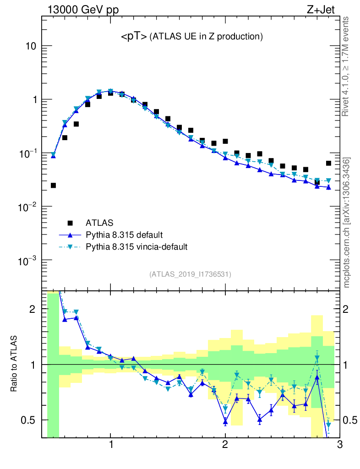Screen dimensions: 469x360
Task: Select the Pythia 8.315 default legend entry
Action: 124,235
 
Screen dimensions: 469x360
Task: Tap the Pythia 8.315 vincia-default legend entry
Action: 136,247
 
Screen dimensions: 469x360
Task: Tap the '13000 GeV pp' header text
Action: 82,9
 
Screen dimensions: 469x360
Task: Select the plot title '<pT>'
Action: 134,37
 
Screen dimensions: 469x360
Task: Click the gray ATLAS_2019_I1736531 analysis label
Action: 190,274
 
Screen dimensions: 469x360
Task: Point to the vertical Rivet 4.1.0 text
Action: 347,66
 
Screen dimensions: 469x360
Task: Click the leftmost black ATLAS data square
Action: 53,185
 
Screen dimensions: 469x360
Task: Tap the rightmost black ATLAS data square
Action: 328,163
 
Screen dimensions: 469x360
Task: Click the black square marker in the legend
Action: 70,223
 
